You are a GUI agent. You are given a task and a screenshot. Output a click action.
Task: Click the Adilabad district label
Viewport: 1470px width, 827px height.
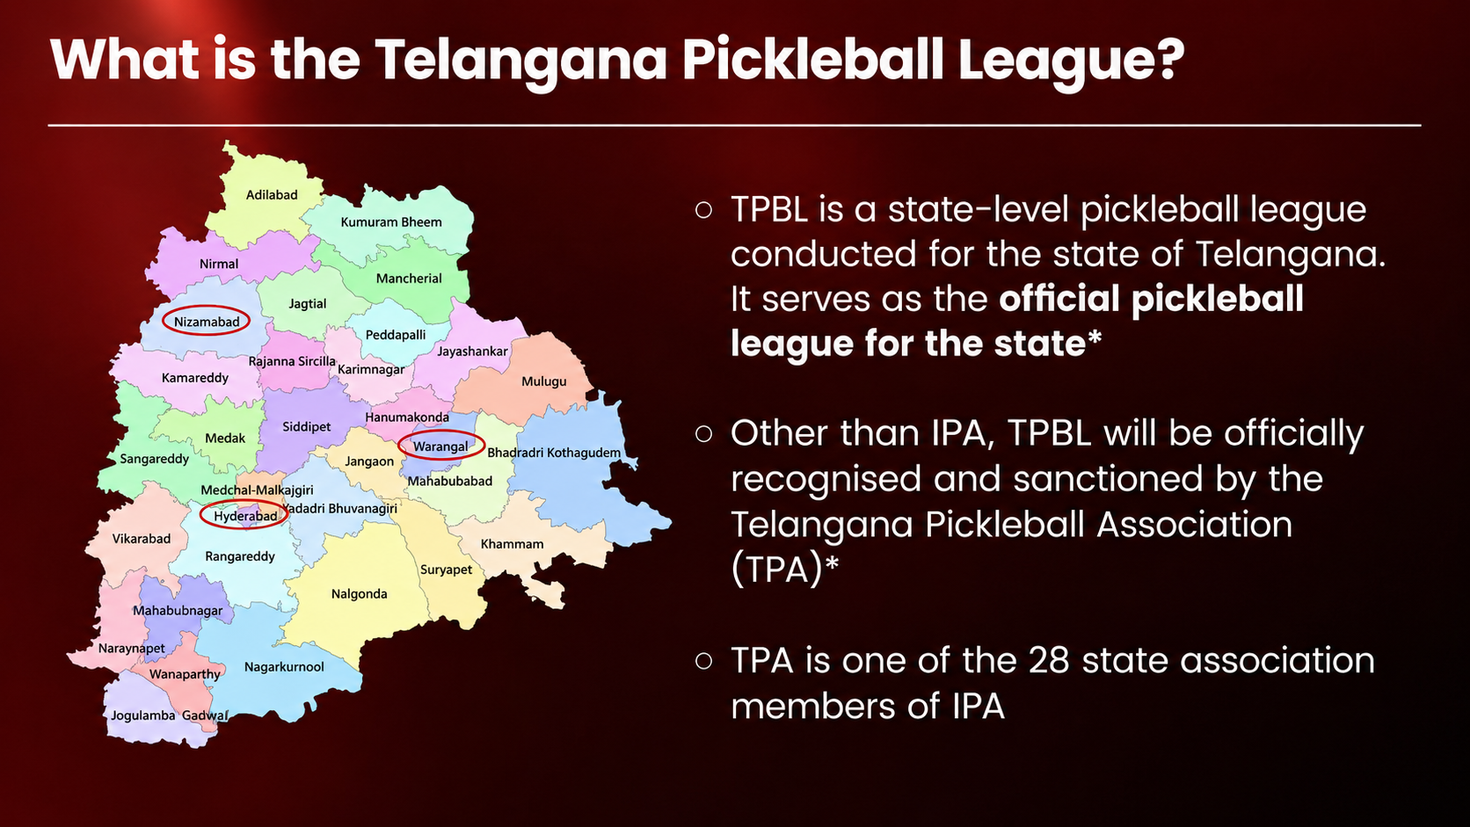[x=272, y=195]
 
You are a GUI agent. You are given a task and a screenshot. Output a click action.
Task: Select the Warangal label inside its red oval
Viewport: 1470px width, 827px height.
[x=440, y=447]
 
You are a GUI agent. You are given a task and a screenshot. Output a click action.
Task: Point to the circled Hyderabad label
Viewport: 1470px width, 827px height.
[x=245, y=517]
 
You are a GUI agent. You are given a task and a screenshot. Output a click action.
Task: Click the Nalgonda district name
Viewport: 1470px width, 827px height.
[x=359, y=594]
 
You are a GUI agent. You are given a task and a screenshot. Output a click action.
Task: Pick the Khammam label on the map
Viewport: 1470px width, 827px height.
[x=512, y=544]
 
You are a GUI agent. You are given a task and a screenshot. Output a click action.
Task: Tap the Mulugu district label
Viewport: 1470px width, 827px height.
[x=543, y=381]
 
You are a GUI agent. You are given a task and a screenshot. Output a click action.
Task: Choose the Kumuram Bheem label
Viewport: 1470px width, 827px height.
[x=391, y=222]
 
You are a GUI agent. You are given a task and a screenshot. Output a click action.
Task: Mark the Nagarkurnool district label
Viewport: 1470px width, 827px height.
[x=284, y=667]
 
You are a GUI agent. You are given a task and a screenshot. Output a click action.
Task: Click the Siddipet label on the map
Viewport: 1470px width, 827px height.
[x=307, y=427]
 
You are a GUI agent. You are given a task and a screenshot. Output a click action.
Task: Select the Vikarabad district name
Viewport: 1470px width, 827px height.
[x=141, y=539]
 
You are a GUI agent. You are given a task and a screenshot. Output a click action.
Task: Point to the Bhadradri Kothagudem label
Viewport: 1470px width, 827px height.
[x=554, y=453]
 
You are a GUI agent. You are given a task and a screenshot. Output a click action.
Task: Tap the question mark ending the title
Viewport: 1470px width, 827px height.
[x=1169, y=59]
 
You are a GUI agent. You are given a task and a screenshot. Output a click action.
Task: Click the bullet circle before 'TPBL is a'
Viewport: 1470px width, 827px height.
[x=703, y=210]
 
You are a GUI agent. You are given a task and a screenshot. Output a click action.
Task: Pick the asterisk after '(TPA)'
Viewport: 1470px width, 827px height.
[x=831, y=562]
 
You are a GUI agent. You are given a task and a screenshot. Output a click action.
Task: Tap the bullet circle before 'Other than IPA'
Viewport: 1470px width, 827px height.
[x=703, y=433]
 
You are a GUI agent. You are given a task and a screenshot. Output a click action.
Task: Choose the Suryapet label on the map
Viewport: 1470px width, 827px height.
[x=447, y=569]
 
